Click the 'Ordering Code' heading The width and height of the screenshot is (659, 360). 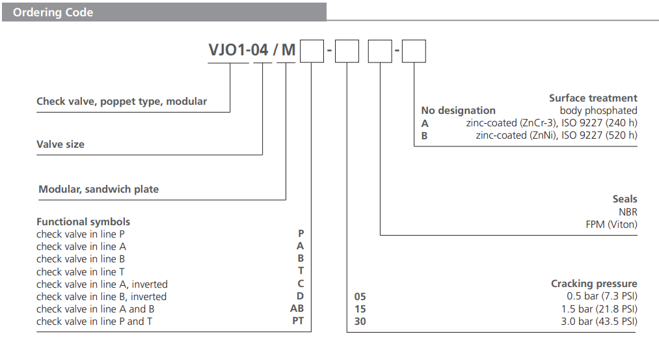53,12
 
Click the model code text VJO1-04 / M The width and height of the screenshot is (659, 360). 252,51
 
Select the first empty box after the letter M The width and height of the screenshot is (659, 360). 312,51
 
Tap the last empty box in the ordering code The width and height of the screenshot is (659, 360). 414,51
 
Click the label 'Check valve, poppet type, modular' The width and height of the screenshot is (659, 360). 122,102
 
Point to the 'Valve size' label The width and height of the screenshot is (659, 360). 61,145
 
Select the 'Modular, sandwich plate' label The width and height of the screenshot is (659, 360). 99,189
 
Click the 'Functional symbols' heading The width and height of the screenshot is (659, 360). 83,222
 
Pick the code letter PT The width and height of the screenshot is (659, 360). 297,321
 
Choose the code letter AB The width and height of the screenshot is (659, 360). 297,309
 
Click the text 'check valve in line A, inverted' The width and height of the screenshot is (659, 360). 102,284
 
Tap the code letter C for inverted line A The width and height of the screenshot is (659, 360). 301,284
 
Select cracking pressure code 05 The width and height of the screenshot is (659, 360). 360,296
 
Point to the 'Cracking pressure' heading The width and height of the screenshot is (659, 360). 594,284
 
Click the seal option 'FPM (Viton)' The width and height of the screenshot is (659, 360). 611,225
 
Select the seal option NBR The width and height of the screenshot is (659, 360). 628,212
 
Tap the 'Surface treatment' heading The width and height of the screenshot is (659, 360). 593,98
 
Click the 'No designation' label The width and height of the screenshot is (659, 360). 458,111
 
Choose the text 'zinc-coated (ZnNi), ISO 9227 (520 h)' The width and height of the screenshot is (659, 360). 556,135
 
